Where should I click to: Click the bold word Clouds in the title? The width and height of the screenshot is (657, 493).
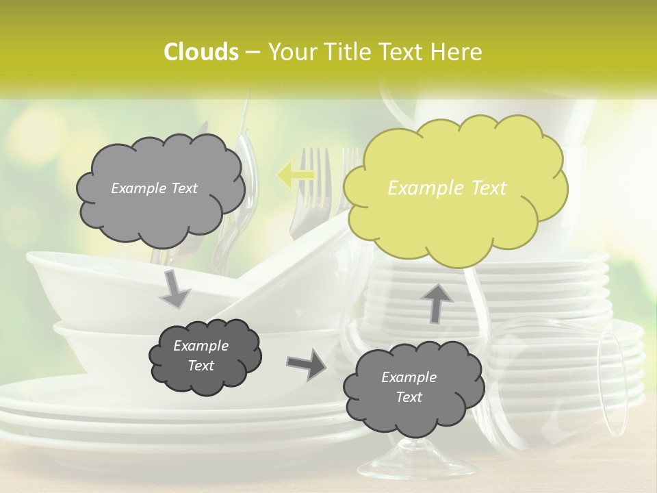[201, 52]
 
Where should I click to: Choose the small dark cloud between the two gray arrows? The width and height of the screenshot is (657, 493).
[205, 357]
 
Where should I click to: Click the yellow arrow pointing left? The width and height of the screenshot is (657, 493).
[296, 176]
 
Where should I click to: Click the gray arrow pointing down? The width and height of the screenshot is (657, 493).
[175, 289]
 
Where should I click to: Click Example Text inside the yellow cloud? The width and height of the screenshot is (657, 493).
[447, 188]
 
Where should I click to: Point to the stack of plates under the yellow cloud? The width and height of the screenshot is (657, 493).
[520, 288]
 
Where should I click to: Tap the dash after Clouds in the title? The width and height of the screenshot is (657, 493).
[252, 52]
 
